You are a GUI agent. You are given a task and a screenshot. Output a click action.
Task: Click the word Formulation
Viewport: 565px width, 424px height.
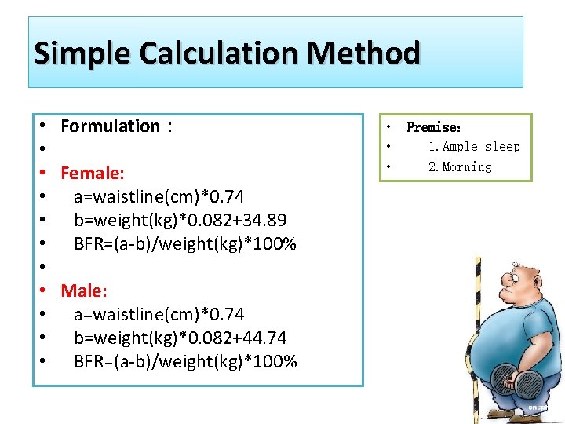pyautogui.click(x=110, y=126)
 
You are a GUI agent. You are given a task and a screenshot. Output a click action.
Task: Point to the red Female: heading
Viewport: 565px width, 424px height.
pyautogui.click(x=93, y=173)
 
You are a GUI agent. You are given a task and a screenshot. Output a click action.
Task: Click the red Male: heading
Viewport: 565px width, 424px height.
pyautogui.click(x=84, y=291)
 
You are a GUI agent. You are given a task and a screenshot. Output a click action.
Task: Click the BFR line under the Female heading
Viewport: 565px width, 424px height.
pyautogui.click(x=185, y=243)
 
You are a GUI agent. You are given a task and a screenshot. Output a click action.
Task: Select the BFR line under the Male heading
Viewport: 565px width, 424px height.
pyautogui.click(x=185, y=361)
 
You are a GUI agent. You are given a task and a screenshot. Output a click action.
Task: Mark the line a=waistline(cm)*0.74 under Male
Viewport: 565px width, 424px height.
pyautogui.click(x=159, y=314)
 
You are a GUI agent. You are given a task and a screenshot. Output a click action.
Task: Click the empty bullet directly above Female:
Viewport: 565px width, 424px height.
pyautogui.click(x=39, y=149)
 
